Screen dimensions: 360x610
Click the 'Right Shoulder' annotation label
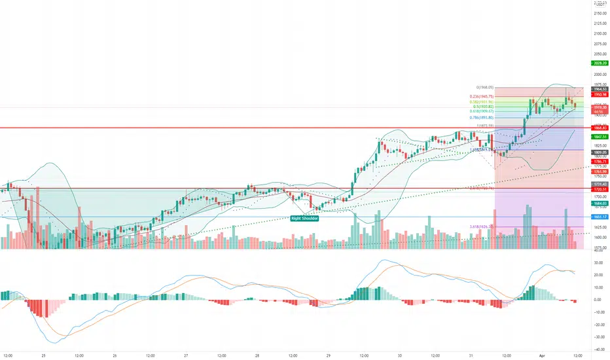tap(306, 218)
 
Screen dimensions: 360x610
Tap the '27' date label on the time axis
tap(186, 354)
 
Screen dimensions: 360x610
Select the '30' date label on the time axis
tap(399, 354)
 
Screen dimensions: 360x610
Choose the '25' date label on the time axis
tap(44, 354)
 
